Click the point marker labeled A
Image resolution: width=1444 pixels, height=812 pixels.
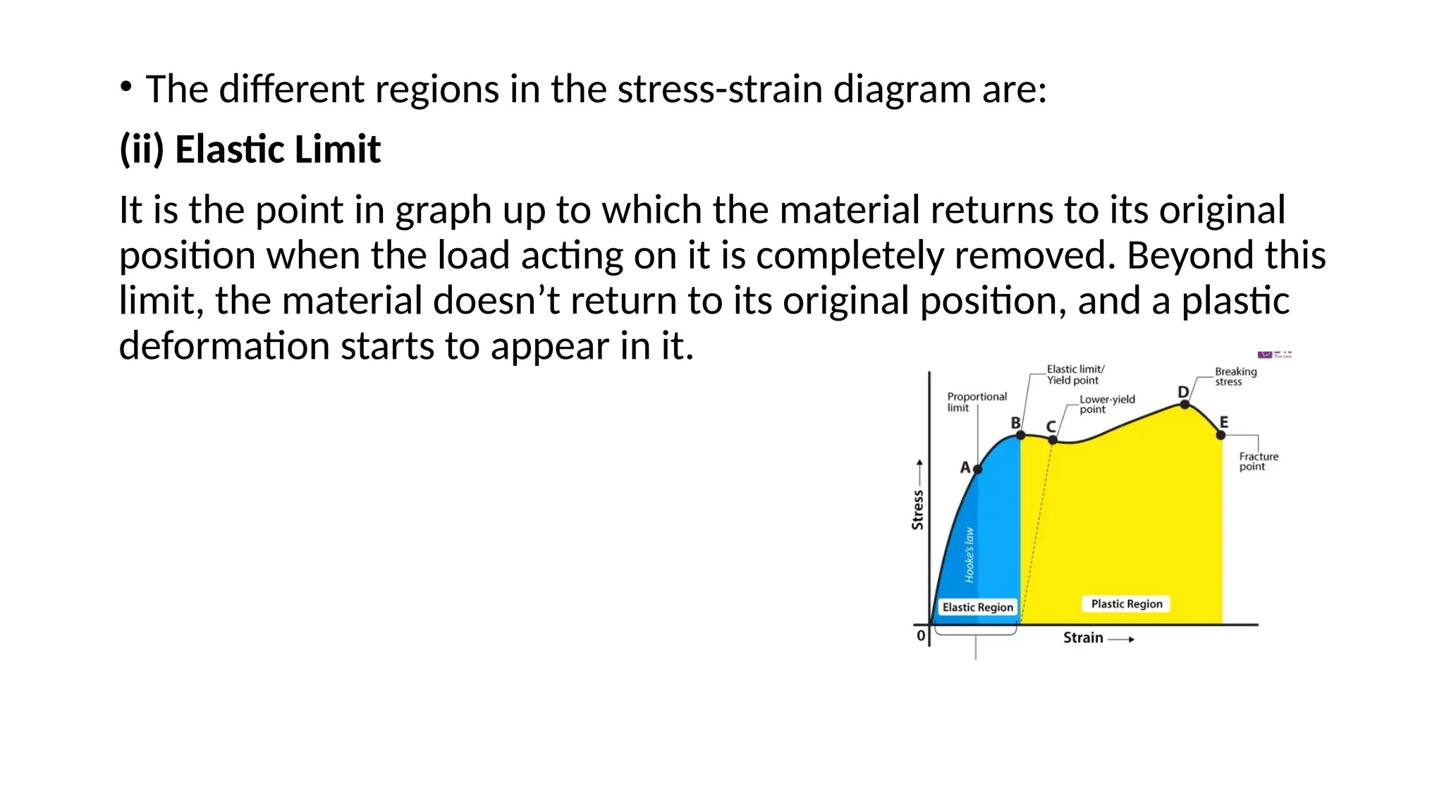point(977,469)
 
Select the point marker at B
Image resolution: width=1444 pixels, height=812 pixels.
point(1020,435)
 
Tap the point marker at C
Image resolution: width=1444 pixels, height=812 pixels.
point(1053,440)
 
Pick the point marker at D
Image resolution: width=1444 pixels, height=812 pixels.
point(1185,405)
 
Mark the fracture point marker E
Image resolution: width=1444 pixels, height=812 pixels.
point(1221,435)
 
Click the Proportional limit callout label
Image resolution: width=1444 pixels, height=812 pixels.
point(977,402)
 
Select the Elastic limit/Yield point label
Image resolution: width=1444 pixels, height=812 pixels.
point(1075,374)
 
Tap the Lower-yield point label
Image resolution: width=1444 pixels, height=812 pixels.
point(1107,404)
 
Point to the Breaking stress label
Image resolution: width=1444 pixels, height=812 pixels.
point(1235,376)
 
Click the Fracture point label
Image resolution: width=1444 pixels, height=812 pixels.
point(1259,461)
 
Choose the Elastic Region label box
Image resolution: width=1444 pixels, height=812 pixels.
point(977,608)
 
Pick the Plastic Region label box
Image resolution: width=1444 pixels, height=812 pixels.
point(1126,604)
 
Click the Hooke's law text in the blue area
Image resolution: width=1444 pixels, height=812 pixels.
point(969,555)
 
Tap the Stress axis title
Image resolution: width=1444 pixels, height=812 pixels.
point(917,509)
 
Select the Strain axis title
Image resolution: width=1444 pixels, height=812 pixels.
point(1083,638)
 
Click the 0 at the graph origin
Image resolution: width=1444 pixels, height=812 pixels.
point(921,636)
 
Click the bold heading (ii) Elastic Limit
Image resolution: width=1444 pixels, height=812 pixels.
point(250,149)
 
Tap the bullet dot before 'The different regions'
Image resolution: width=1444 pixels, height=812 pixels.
point(126,87)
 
